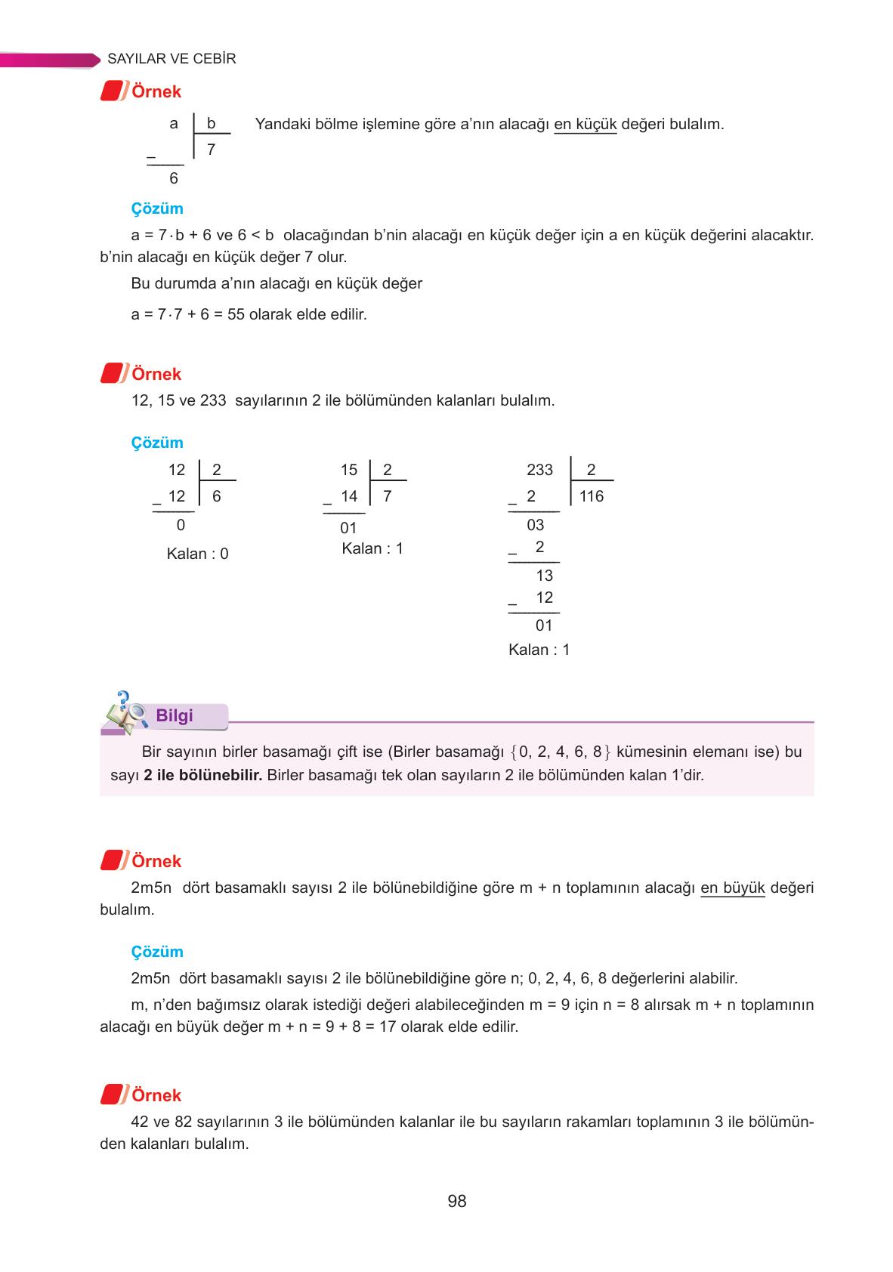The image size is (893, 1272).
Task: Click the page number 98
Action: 456,1201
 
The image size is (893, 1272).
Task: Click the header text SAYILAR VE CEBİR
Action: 172,59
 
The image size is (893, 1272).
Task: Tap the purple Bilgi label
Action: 175,716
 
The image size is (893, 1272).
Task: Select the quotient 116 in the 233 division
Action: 592,496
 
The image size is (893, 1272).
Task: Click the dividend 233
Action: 539,470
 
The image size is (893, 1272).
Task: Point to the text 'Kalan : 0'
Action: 197,554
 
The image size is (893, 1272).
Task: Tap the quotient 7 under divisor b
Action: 211,150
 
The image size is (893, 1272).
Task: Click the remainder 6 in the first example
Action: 174,178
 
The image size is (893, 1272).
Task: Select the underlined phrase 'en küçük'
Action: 586,124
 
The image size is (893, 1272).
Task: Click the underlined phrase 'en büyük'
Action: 733,888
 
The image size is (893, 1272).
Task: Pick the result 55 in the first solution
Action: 236,314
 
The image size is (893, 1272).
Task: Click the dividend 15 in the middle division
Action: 349,470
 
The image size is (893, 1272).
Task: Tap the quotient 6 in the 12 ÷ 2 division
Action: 217,496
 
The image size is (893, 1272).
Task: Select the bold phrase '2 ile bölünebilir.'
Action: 202,775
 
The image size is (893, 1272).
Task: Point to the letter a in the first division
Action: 174,124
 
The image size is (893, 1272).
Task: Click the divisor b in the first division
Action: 212,124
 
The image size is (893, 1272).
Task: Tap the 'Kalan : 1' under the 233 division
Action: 539,650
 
